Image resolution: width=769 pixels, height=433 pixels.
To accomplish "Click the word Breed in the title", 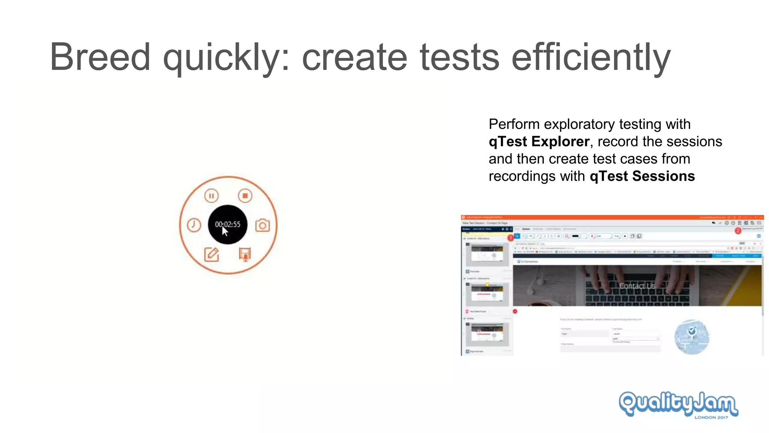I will pyautogui.click(x=100, y=57).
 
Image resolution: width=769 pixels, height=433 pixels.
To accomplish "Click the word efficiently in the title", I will pyautogui.click(x=591, y=57).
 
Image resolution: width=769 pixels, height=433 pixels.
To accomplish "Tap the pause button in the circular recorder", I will pyautogui.click(x=211, y=196).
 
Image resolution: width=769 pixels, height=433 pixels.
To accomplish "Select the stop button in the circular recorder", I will pyautogui.click(x=245, y=196).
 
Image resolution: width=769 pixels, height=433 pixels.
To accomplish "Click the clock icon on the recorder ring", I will pyautogui.click(x=194, y=225).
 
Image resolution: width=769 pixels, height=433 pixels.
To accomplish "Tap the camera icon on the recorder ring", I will pyautogui.click(x=262, y=225).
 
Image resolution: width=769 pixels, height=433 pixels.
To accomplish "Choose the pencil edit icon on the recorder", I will pyautogui.click(x=211, y=254).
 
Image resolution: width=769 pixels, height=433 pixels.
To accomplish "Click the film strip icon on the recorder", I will pyautogui.click(x=245, y=254).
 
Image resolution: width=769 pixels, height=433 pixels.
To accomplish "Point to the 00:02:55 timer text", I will pyautogui.click(x=228, y=224).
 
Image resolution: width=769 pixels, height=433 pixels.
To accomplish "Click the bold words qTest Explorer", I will pyautogui.click(x=539, y=142).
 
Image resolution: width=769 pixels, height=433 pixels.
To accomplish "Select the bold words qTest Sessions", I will pyautogui.click(x=642, y=176).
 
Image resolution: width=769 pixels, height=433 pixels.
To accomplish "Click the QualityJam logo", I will pyautogui.click(x=678, y=403).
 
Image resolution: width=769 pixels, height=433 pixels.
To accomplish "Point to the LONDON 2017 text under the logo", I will pyautogui.click(x=711, y=417).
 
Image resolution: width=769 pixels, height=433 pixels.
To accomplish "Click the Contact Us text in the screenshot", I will pyautogui.click(x=637, y=286).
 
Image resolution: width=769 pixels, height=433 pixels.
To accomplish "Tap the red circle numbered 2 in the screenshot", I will pyautogui.click(x=738, y=231).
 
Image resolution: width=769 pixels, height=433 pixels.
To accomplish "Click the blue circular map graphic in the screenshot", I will pyautogui.click(x=692, y=337).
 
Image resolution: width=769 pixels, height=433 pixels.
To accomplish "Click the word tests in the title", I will pyautogui.click(x=460, y=57).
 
